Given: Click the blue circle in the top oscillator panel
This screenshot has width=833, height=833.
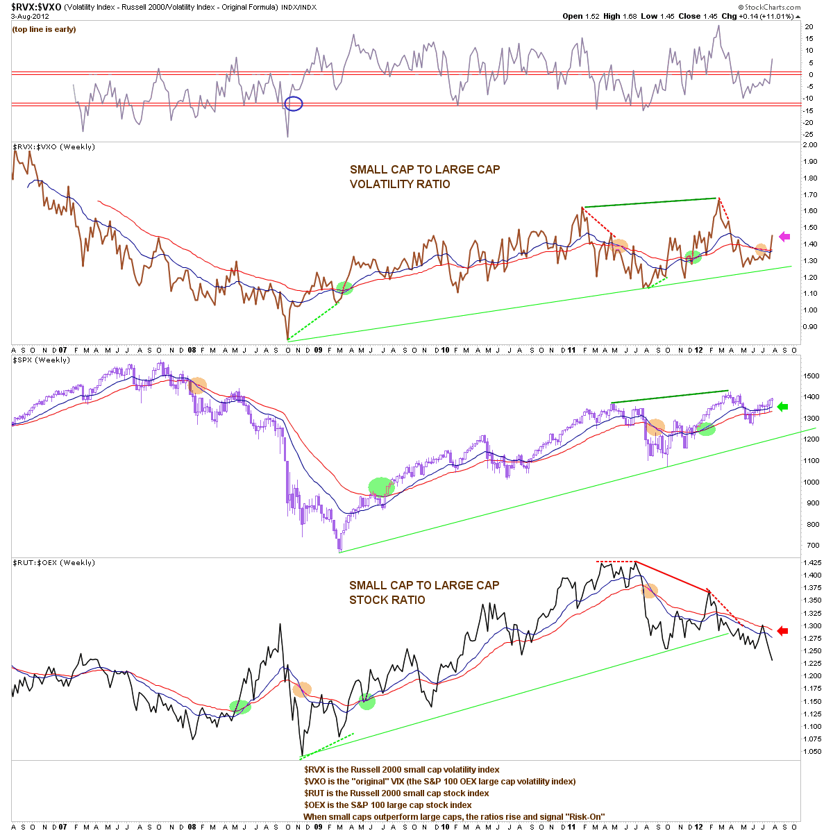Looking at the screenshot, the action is [x=294, y=103].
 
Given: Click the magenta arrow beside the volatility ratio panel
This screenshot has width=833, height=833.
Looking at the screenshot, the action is [x=784, y=237].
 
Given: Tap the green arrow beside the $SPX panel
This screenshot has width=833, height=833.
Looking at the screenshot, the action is [x=782, y=406].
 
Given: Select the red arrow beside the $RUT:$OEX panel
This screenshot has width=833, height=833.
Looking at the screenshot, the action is [x=782, y=631].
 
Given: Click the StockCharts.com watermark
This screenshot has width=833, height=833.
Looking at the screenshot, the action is [x=769, y=7].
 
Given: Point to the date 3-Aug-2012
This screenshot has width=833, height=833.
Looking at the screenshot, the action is [x=31, y=17].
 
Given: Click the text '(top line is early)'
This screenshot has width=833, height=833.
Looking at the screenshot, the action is [x=44, y=29].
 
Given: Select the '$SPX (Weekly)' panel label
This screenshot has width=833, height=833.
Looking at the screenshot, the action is [x=41, y=360].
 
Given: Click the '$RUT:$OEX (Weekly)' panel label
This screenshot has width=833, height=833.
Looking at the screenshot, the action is [x=53, y=562].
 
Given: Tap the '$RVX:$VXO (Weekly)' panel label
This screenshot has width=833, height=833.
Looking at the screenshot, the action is [x=53, y=147].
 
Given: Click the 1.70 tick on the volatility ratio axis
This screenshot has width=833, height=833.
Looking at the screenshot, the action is [x=809, y=194].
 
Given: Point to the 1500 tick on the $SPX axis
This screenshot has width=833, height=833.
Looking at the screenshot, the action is [x=811, y=376].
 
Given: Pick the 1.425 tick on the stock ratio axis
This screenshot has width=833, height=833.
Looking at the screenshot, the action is [x=812, y=562].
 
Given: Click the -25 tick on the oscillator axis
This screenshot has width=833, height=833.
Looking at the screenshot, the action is [x=808, y=135].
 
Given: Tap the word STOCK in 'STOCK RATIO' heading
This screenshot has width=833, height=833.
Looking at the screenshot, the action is [x=365, y=600].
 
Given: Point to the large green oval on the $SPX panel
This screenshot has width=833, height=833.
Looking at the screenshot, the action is [x=381, y=487].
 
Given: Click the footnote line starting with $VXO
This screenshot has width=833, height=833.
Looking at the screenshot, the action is [x=439, y=781].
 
